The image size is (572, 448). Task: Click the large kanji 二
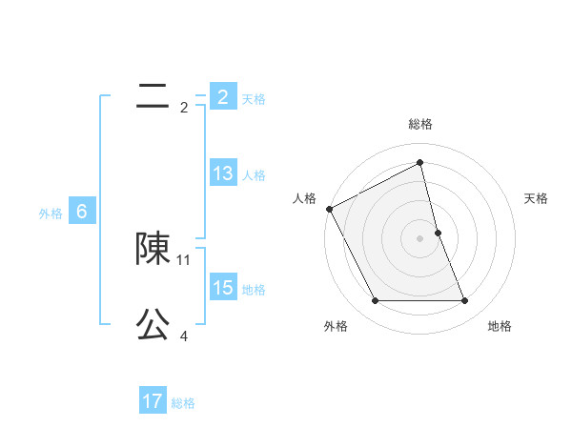point(153,96)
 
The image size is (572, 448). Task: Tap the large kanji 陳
point(153,249)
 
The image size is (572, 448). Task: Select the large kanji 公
point(153,325)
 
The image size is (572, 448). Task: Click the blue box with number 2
point(223,97)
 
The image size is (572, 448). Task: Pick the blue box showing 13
point(223,173)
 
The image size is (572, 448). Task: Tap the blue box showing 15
point(223,288)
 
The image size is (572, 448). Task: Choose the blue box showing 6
point(82,212)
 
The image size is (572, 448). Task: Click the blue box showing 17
point(153,401)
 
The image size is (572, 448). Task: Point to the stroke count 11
point(184,259)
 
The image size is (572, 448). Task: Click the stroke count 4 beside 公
point(184,336)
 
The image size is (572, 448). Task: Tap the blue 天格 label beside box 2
point(254,98)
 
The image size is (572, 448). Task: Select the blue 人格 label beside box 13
point(254,174)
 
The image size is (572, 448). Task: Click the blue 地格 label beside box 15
point(254,289)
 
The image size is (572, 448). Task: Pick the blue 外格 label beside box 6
point(51,214)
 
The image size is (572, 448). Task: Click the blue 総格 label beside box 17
point(183,403)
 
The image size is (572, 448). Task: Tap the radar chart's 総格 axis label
point(420,124)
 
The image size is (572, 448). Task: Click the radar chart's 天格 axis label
point(536,198)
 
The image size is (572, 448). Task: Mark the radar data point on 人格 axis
point(329,209)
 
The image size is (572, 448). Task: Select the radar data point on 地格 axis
point(465,301)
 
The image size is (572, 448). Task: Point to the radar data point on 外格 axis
point(375,301)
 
